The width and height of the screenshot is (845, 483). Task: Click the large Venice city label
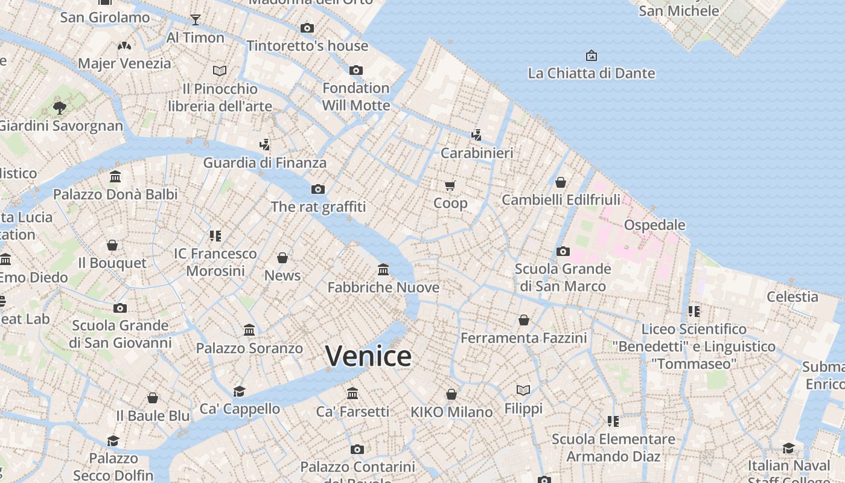[368, 356]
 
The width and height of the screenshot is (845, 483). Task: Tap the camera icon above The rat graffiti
[318, 190]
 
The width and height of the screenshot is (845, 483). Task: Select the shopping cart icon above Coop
[450, 185]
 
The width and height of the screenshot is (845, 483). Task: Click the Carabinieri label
[477, 153]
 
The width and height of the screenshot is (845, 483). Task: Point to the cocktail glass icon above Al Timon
[195, 20]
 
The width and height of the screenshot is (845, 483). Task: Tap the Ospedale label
[654, 225]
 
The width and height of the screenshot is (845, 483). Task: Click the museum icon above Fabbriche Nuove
[383, 269]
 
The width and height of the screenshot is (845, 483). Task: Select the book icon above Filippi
[523, 391]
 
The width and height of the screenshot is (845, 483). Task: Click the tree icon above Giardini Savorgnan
[59, 108]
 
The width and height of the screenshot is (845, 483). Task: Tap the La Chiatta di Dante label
[591, 74]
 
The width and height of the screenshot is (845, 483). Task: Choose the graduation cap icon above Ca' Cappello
[240, 391]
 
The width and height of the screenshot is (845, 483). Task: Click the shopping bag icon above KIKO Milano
[451, 395]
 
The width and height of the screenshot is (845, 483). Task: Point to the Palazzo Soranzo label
[249, 348]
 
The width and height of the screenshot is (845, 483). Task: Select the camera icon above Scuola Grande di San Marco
[563, 251]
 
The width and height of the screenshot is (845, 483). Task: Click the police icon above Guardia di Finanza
[264, 145]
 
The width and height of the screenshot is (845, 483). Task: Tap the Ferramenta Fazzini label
[523, 338]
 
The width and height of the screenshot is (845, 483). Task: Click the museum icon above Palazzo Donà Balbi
[115, 177]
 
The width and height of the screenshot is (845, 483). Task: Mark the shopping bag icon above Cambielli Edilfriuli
[561, 182]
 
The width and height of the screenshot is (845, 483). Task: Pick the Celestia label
[792, 297]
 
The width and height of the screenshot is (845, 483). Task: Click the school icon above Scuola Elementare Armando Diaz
[613, 421]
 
